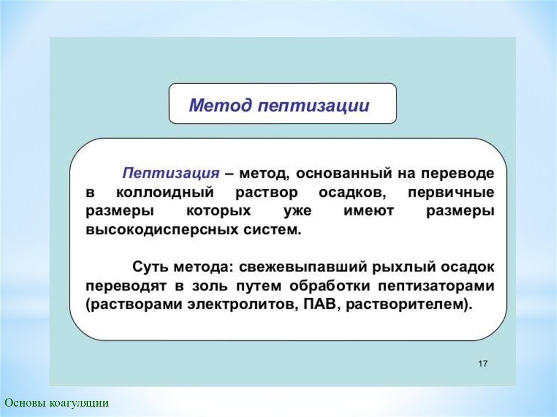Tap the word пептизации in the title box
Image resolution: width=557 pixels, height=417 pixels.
pos(313,106)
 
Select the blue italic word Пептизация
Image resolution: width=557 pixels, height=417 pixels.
pos(171,173)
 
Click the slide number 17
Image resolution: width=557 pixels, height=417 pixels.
pos(483,364)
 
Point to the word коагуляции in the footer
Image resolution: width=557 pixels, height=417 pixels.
pos(79,403)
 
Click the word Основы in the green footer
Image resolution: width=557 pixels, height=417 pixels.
pos(25,403)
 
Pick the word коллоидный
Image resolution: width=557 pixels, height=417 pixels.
pos(165,192)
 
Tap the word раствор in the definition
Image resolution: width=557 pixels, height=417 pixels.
pos(267,194)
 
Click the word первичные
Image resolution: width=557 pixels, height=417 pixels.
pos(451,193)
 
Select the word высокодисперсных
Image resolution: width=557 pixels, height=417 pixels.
pos(162,230)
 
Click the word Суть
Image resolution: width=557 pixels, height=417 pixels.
pos(151,267)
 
